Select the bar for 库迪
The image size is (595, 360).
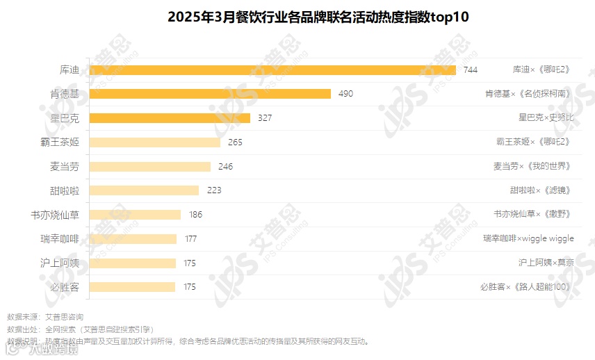coord(272,70)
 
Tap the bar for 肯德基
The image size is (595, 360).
coord(210,94)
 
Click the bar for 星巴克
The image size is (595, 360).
coord(170,118)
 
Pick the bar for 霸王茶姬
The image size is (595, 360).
coord(155,142)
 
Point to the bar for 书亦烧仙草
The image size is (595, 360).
coord(136,215)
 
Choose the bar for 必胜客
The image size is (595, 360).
coord(133,287)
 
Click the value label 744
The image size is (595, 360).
coord(471,70)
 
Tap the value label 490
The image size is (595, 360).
coord(345,94)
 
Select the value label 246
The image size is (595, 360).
coord(225,167)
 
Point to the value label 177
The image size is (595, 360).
coord(190,239)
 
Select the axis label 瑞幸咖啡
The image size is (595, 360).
coord(60,239)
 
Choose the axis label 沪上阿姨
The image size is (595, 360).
coord(60,263)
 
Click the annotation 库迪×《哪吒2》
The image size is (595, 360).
coord(541,70)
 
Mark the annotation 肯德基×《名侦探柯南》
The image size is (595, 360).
coord(528,94)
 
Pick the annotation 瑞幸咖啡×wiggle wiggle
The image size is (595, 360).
coord(528,239)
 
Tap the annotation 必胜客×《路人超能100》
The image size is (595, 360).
coord(525,287)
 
